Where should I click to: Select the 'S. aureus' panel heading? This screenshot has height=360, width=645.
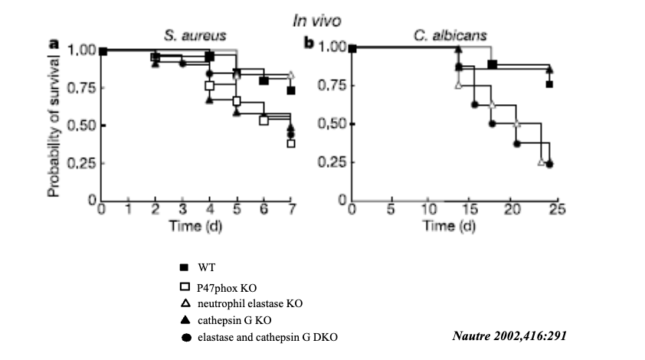click(x=190, y=35)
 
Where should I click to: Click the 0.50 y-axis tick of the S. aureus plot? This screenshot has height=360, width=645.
click(x=80, y=126)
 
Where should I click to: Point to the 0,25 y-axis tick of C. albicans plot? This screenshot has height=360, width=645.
click(x=330, y=162)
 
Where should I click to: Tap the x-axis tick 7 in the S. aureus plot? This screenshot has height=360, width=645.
click(x=291, y=212)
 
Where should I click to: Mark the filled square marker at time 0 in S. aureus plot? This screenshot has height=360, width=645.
click(x=103, y=51)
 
